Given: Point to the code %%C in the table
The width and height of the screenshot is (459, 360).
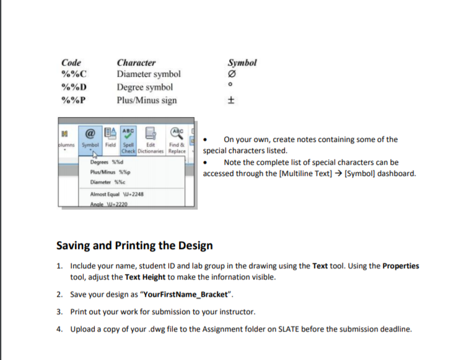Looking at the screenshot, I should [73, 75].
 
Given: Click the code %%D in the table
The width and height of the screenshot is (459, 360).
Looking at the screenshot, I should [73, 87].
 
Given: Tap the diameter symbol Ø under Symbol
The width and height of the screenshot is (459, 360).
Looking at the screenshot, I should [233, 75].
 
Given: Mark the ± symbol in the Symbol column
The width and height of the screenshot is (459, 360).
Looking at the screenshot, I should [233, 100].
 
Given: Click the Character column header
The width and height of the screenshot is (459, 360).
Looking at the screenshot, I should [136, 63].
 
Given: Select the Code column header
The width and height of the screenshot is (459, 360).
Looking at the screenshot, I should [71, 63].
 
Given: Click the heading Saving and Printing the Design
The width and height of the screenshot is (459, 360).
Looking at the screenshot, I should [134, 245].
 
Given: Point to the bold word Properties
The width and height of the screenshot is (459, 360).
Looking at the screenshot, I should [401, 266].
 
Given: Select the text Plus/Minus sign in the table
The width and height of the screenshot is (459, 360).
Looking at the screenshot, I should [147, 100].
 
